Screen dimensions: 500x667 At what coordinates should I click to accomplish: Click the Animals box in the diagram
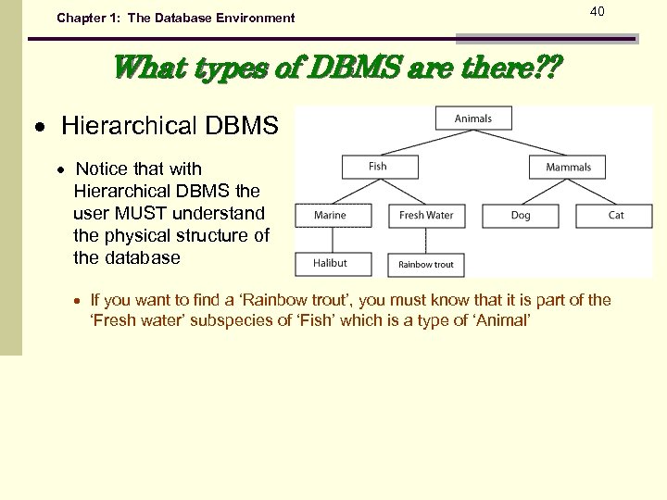click(473, 119)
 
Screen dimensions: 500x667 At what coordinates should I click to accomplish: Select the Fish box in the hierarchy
click(379, 167)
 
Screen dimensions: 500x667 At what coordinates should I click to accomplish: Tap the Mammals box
click(568, 167)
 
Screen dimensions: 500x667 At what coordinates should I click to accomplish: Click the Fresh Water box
click(426, 216)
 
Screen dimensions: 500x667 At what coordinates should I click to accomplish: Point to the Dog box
click(521, 216)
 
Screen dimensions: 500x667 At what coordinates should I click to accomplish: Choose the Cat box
click(616, 216)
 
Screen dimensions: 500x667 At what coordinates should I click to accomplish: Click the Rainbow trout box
click(426, 265)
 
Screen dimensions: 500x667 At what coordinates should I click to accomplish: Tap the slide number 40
click(597, 11)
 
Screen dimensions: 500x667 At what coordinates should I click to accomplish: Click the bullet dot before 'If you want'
click(80, 302)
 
